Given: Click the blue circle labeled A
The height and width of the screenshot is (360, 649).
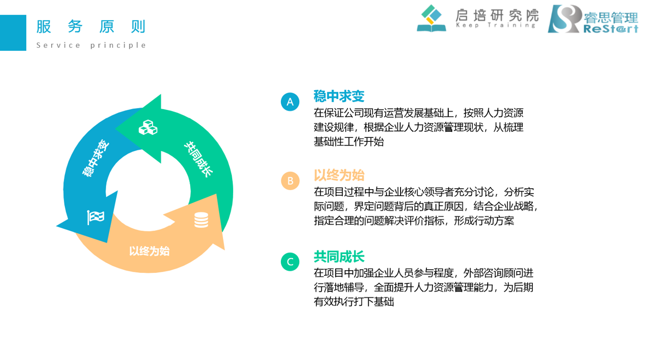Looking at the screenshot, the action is tap(290, 102).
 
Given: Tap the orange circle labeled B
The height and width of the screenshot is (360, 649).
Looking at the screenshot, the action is tap(290, 181).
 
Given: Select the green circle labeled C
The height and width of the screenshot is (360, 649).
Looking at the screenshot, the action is tap(290, 262).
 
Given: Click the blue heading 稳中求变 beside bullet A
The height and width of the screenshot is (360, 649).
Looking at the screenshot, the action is tap(339, 96).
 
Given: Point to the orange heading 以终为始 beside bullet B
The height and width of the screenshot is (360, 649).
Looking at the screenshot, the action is tap(339, 175).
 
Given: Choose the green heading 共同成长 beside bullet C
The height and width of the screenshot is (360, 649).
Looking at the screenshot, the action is tap(339, 257).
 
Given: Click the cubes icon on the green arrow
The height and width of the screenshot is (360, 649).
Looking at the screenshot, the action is tap(148, 128).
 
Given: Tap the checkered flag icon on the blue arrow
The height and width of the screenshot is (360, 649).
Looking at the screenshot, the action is tap(96, 218).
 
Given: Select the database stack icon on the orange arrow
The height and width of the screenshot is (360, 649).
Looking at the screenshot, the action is tap(201, 220).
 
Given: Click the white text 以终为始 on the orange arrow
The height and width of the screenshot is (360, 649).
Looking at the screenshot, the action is tap(149, 251).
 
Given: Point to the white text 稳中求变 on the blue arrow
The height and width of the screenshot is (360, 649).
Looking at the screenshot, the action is tap(96, 158).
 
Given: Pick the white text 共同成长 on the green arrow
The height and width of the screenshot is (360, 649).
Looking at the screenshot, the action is tap(199, 159).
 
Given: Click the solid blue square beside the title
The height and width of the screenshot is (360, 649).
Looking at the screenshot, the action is tap(13, 33).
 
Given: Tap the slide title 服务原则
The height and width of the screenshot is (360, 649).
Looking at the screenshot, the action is tap(91, 27).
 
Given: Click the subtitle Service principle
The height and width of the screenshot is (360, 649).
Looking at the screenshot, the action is tap(91, 45).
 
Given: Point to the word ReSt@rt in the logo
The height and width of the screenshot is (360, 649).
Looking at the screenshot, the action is tap(611, 29).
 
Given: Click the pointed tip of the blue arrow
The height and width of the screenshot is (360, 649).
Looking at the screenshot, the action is tap(56, 226).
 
